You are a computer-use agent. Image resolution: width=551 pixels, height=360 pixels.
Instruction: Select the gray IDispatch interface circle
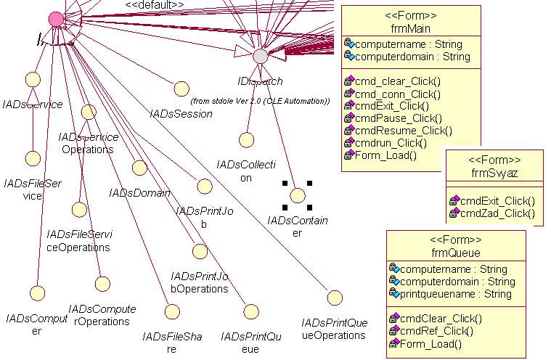tap(260, 55)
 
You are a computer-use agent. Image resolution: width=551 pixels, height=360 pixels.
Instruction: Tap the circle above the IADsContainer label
tap(296, 195)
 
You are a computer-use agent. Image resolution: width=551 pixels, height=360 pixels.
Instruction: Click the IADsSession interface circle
tap(181, 89)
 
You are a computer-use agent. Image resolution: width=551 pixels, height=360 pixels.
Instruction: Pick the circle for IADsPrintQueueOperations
tap(334, 297)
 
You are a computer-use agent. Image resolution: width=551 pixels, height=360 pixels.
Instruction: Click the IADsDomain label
tap(139, 193)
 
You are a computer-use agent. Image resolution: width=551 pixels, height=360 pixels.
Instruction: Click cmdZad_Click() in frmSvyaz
tap(497, 213)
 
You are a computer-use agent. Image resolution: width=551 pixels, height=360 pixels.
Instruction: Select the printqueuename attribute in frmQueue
tap(455, 294)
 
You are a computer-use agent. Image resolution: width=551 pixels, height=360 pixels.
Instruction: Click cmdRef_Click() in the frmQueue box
tap(436, 331)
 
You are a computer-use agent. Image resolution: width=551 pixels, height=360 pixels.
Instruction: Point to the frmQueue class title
tap(455, 253)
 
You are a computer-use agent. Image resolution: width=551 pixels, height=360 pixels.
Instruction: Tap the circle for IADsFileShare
tap(171, 311)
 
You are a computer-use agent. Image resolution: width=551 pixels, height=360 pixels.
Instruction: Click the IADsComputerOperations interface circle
tap(102, 284)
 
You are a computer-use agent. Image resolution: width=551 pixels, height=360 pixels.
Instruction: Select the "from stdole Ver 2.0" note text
tap(260, 101)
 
